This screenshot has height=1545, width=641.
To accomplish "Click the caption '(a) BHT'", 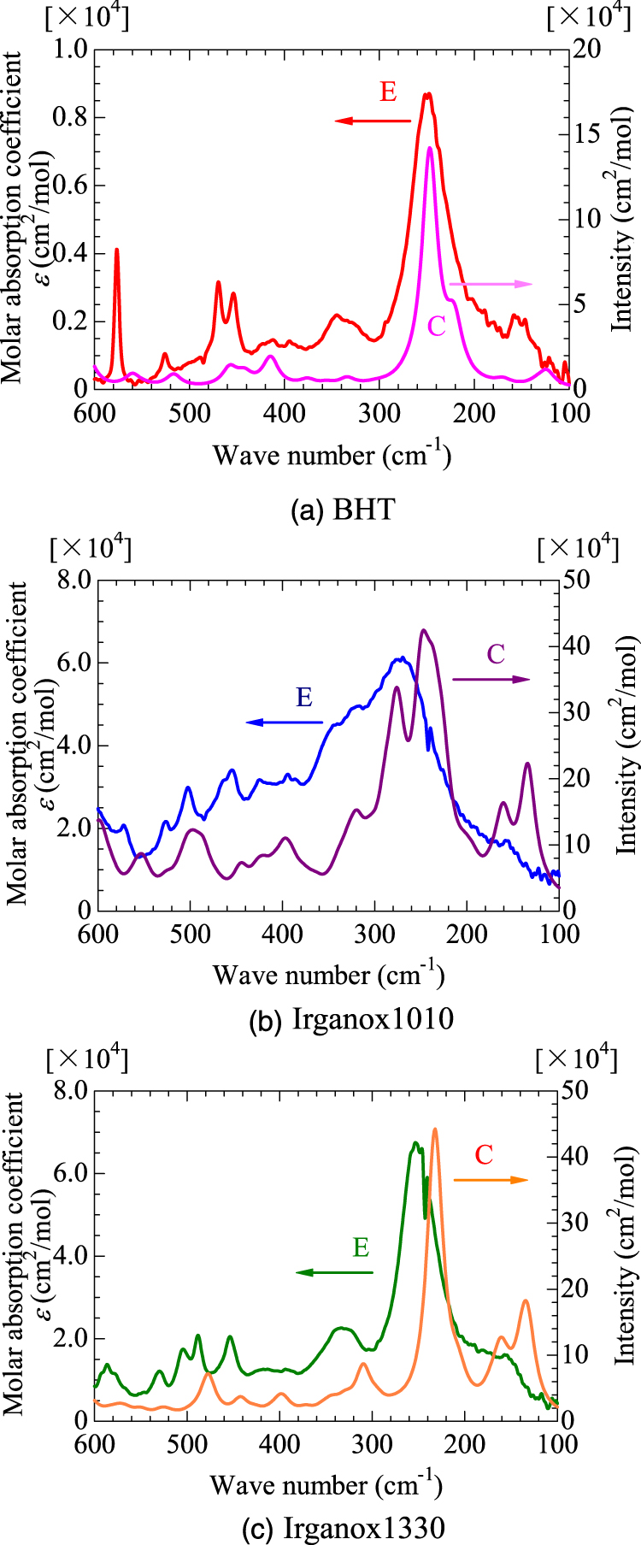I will click(x=343, y=510).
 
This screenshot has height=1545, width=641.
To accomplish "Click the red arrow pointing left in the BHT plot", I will click(x=373, y=121).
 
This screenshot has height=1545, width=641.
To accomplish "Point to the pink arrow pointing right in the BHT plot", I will click(x=491, y=284).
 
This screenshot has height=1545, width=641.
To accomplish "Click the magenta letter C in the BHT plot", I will click(x=436, y=325).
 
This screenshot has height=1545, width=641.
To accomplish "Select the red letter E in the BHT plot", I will click(x=388, y=91).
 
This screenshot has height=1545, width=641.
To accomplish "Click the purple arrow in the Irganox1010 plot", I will click(x=491, y=679).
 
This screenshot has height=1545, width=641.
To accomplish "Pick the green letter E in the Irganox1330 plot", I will click(x=361, y=1247).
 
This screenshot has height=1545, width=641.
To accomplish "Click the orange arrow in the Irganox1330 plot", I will click(x=491, y=1180).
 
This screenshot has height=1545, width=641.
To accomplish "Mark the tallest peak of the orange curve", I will click(x=435, y=1129).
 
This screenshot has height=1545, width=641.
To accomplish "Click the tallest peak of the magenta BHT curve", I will click(x=430, y=148).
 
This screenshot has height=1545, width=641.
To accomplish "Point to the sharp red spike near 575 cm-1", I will click(x=116, y=250).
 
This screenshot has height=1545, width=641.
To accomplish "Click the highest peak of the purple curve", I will click(x=422, y=630).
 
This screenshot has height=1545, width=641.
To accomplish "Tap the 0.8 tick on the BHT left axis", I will click(x=71, y=117).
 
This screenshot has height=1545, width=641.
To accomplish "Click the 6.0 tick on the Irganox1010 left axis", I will click(x=74, y=663).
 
